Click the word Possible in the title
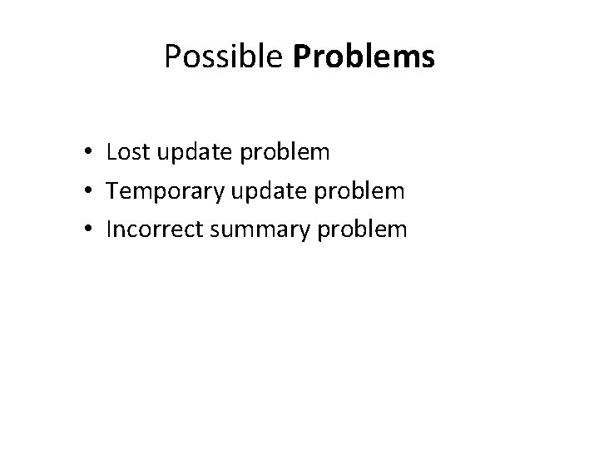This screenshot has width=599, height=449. point(225,57)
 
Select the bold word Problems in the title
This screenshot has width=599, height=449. point(364,57)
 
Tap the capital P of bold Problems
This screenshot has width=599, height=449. point(301,57)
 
